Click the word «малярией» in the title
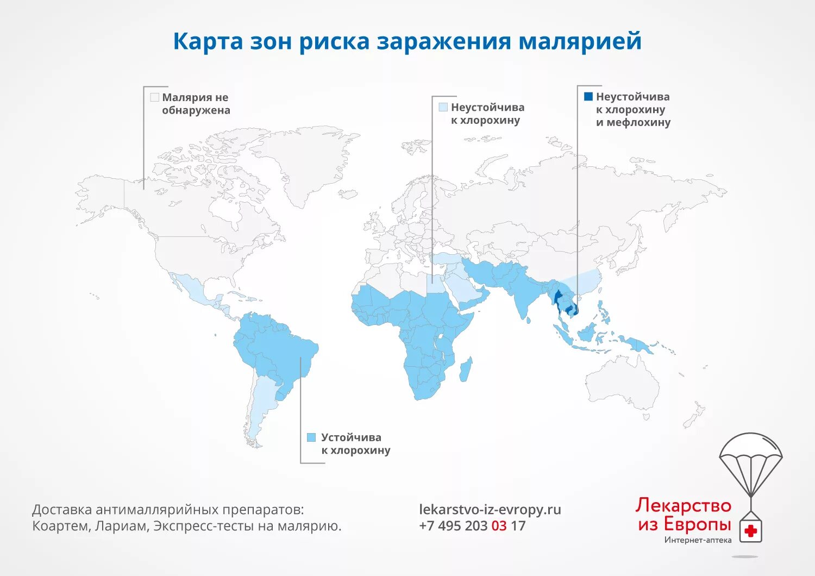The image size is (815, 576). coord(580,41)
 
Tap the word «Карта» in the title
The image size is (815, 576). coord(208,41)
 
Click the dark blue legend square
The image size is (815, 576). coord(588,97)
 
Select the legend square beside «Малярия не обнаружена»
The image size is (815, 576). coord(154,97)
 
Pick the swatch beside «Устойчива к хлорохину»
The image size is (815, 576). coord(311,437)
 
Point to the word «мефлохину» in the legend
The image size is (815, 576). coord(639,122)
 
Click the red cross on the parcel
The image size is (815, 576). coord(750,531)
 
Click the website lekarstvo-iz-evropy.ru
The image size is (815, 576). coord(490,510)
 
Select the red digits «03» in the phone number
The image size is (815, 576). coord(499,526)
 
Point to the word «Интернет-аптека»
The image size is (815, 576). coord(698,540)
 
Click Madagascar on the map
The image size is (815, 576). coord(465,370)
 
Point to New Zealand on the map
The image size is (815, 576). coord(696,416)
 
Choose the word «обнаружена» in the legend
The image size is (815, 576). coord(196,110)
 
